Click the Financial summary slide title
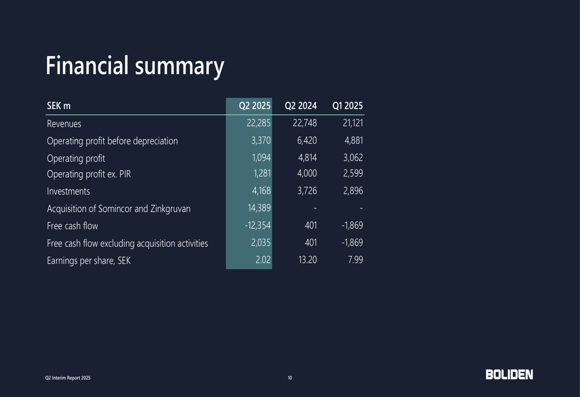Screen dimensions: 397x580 click(135, 66)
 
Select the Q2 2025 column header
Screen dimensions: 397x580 click(255, 105)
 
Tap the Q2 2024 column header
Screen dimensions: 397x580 click(300, 105)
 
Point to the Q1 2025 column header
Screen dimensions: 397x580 click(347, 105)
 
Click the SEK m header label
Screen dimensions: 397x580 click(59, 106)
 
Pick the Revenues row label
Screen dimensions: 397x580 click(64, 123)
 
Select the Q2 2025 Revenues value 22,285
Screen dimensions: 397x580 click(258, 123)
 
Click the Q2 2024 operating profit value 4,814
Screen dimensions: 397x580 click(307, 158)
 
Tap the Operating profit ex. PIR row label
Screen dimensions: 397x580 click(89, 173)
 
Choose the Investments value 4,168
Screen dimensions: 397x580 click(261, 191)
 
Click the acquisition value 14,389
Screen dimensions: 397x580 click(259, 208)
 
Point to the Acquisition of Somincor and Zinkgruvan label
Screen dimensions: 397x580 click(119, 209)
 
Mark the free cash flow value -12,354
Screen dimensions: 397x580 click(258, 225)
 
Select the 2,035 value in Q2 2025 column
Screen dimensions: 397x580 click(261, 243)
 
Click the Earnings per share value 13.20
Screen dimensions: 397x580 click(307, 260)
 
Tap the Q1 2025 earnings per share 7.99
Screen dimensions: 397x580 click(355, 260)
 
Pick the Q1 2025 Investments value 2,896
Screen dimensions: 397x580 click(353, 191)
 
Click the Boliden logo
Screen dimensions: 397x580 click(509, 375)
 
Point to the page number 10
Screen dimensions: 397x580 click(290, 378)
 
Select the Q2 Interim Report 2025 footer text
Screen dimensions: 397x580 click(68, 378)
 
